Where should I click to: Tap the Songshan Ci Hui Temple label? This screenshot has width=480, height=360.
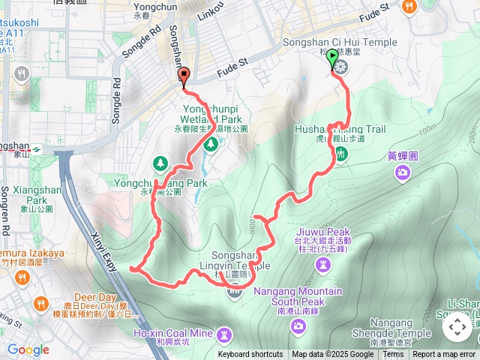[341, 42]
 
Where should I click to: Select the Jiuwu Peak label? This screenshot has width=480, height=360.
[323, 232]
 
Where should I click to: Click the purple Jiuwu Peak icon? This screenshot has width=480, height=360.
[323, 265]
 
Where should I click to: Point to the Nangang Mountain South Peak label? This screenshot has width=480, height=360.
[298, 296]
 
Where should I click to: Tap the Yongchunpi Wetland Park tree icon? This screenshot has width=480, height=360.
[211, 142]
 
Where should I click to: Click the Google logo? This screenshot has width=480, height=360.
[28, 349]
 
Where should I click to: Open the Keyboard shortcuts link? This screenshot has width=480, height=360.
[250, 355]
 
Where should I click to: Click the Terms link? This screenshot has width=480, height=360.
[393, 355]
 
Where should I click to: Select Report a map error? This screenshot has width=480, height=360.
[444, 355]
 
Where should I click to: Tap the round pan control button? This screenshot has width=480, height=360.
[457, 327]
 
